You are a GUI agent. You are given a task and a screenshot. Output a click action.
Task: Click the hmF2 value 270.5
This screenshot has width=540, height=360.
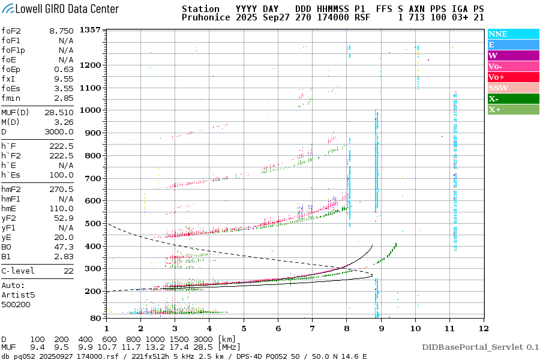pyautogui.click(x=62, y=189)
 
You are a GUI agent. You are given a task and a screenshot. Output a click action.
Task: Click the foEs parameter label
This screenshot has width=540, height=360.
pyautogui.click(x=11, y=88)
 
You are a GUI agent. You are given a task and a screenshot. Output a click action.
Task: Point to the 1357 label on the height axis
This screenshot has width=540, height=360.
pyautogui.click(x=89, y=30)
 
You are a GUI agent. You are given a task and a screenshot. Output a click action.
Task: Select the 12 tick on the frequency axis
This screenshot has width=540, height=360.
pyautogui.click(x=484, y=329)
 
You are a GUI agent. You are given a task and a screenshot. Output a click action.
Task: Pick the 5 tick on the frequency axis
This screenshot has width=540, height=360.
pyautogui.click(x=244, y=329)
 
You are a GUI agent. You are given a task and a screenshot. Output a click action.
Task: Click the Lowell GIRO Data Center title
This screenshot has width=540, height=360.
pyautogui.click(x=60, y=9)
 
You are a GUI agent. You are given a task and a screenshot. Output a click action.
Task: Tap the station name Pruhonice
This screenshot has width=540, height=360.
pyautogui.click(x=206, y=18)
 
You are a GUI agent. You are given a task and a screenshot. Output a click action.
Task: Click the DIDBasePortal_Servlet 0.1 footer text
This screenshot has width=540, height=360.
pyautogui.click(x=480, y=347)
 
